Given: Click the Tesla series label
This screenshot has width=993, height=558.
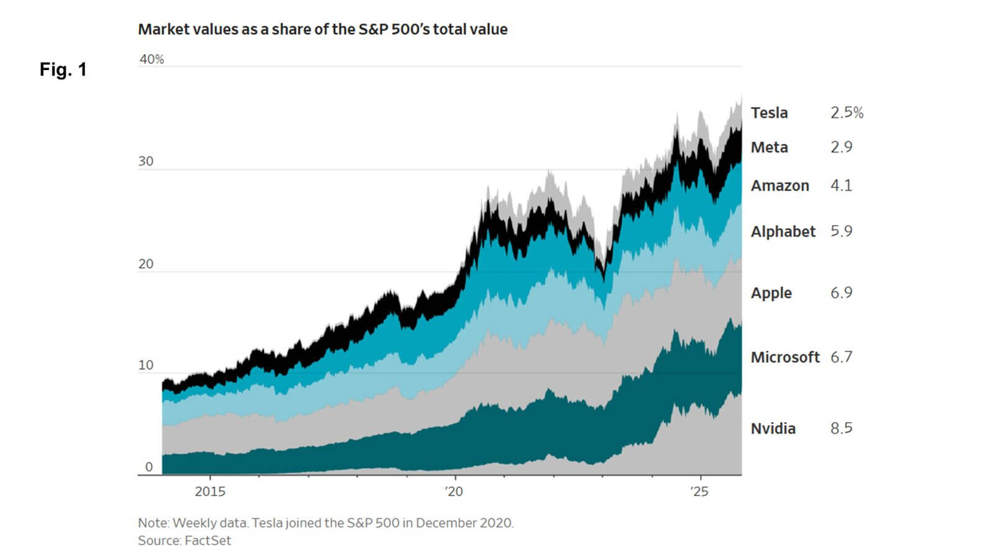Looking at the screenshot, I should click(769, 113).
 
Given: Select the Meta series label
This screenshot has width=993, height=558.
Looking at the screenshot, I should click(769, 148).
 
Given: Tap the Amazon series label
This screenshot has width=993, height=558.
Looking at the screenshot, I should click(780, 185).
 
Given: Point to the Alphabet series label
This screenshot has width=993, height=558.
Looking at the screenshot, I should click(783, 231).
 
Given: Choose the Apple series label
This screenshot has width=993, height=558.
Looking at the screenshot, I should click(771, 293).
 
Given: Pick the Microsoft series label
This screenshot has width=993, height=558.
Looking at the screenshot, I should click(784, 357).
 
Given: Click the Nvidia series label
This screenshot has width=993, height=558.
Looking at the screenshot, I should click(773, 428).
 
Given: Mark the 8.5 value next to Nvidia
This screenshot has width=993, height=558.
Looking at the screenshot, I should click(841, 428).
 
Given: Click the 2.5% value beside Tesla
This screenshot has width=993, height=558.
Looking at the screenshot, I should click(847, 113).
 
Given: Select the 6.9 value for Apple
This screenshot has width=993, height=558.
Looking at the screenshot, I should click(841, 293).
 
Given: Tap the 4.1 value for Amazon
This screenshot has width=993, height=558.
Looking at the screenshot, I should click(841, 185).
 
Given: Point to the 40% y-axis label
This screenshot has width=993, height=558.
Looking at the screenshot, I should click(151, 60).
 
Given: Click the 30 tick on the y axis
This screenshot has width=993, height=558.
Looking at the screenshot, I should click(146, 161).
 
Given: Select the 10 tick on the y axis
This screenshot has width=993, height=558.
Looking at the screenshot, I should click(146, 365).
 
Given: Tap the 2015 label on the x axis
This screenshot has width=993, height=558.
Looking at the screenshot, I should click(210, 492).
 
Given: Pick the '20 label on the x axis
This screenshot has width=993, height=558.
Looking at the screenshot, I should click(454, 492).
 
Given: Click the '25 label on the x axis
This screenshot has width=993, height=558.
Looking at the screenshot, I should click(699, 492).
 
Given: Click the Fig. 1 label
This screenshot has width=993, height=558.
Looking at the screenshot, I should click(63, 69).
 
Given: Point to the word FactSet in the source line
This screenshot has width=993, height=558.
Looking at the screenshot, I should click(208, 541).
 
